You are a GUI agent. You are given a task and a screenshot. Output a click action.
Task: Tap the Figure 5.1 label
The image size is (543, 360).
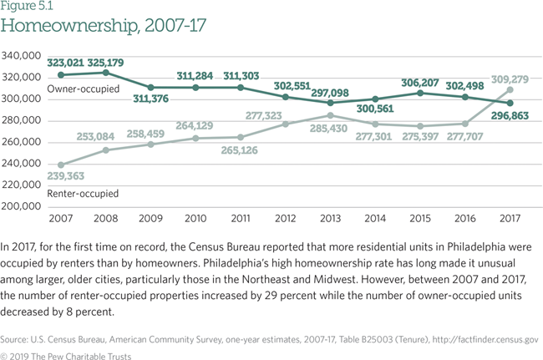26,7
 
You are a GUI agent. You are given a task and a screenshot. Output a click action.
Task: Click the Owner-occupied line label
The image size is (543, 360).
84,88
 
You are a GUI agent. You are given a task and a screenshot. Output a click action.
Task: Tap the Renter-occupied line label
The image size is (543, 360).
84,193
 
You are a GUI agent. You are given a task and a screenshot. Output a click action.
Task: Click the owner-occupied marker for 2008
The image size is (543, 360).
104,72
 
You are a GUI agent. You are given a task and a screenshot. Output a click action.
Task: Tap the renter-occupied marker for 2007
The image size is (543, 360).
60,165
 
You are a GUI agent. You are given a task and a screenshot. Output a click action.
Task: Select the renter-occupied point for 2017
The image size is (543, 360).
509,89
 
